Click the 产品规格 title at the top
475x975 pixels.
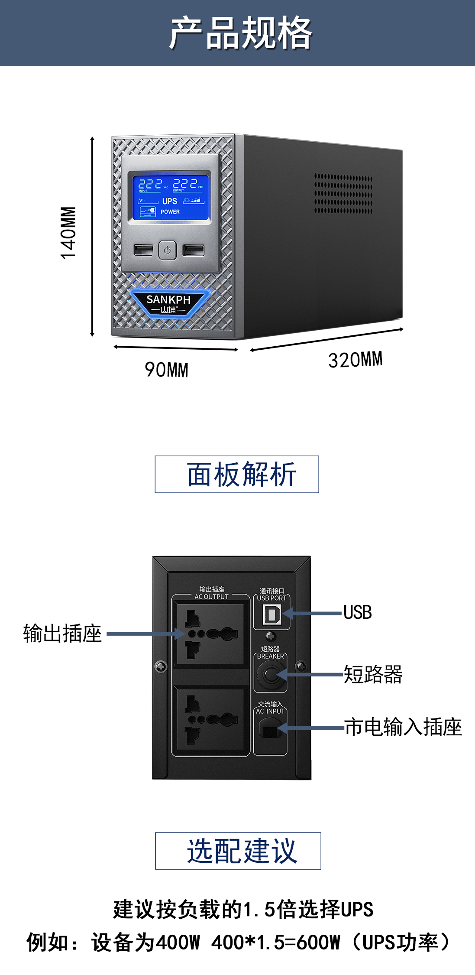tap(240, 33)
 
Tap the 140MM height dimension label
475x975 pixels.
tap(68, 233)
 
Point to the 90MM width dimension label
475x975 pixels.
tap(166, 370)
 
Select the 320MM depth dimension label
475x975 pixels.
tap(355, 360)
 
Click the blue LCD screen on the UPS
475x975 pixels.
tap(170, 198)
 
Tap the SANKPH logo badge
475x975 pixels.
tap(169, 303)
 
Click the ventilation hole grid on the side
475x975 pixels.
tap(343, 194)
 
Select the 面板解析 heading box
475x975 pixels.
tap(237, 474)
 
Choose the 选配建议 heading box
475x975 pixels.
tap(238, 851)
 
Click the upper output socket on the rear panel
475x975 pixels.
tap(210, 634)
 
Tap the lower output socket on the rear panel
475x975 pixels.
tap(210, 720)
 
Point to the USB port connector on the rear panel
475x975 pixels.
tap(272, 614)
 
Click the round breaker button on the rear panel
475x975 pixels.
tap(270, 675)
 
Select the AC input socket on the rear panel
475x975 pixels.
tap(270, 729)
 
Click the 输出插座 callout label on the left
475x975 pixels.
tap(62, 634)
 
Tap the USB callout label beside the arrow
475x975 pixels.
tap(357, 613)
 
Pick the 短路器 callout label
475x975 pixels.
tap(373, 674)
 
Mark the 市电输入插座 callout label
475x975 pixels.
tap(403, 727)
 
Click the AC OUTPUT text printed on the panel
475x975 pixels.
tap(211, 597)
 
